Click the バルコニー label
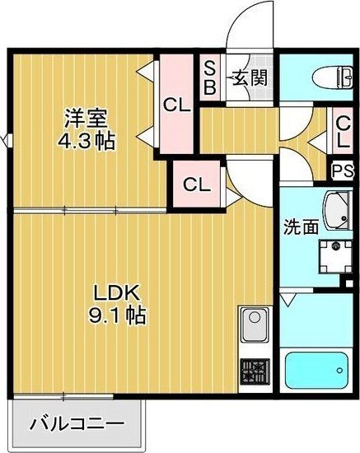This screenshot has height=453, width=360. [x=79, y=425]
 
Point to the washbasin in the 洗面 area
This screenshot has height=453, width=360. [x=336, y=212]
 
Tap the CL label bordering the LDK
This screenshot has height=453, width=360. [x=196, y=184]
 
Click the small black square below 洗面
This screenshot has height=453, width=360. [x=348, y=283]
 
